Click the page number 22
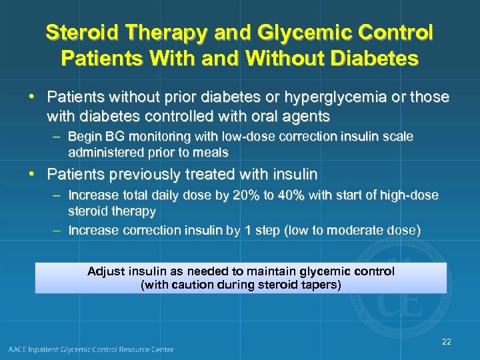point(446,342)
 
